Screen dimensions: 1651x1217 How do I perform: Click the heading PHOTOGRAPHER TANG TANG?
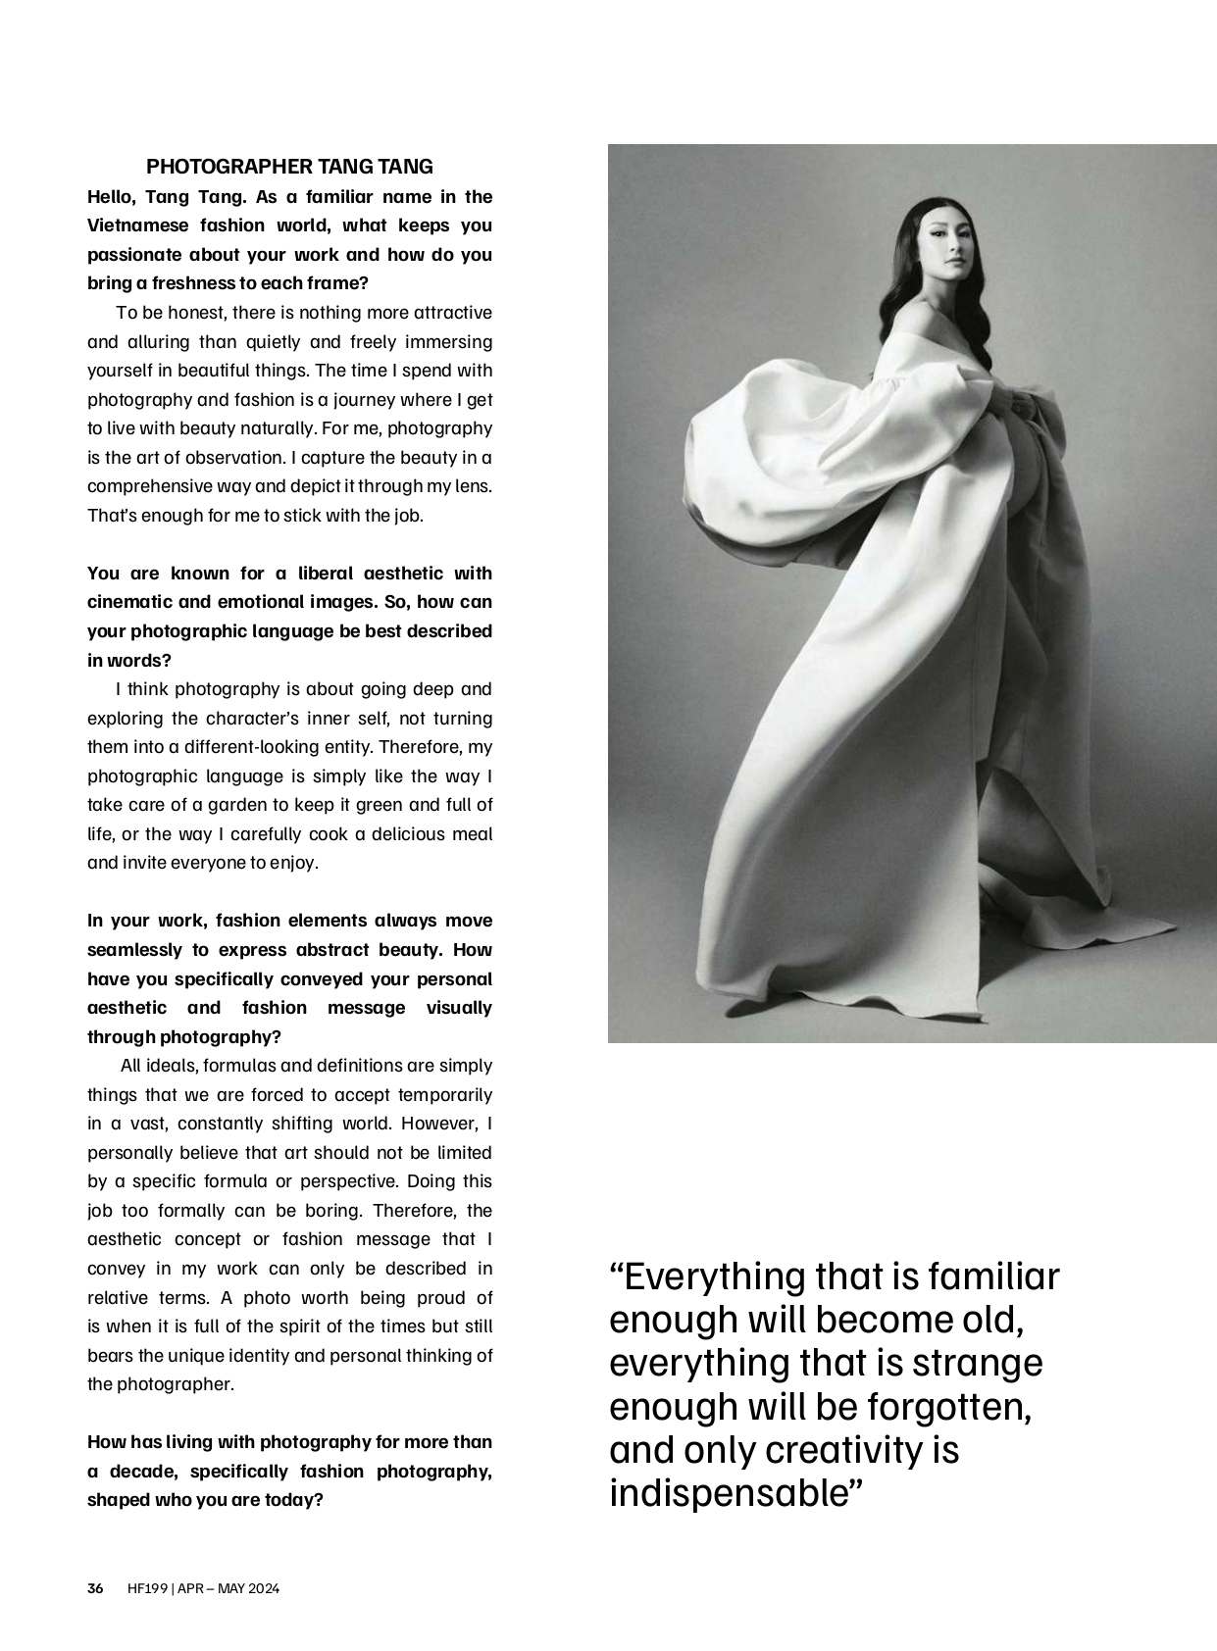tap(289, 167)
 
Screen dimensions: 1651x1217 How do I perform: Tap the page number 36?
tap(95, 1589)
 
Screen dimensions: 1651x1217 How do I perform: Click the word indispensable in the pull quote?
tap(735, 1493)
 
